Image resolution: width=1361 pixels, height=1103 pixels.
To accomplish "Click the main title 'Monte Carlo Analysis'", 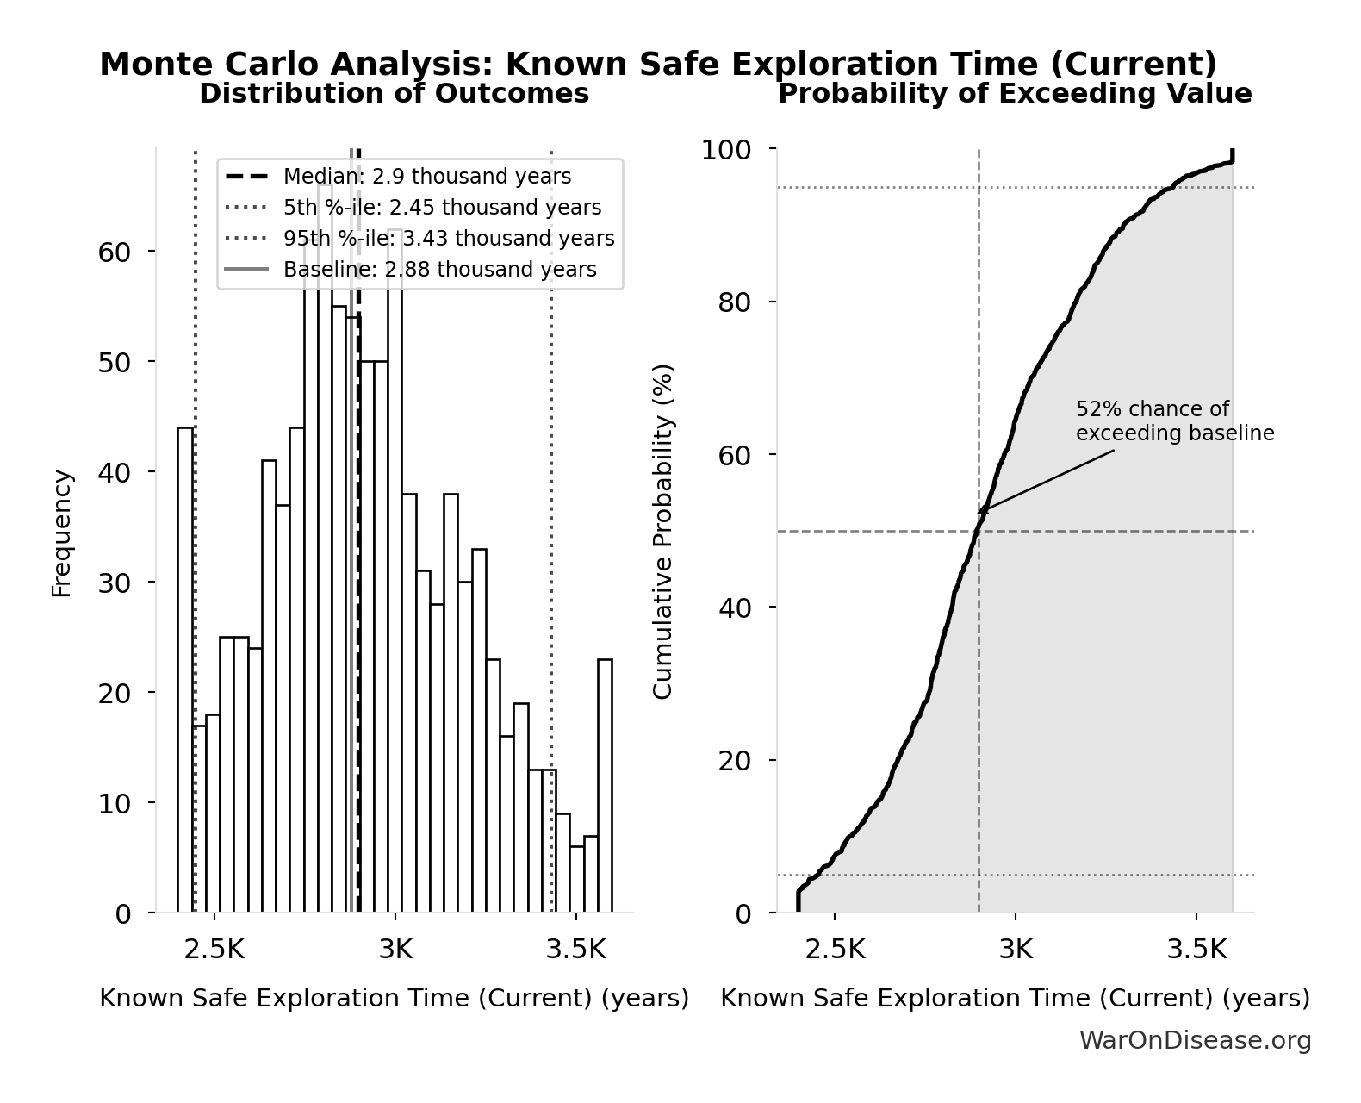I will (x=658, y=65).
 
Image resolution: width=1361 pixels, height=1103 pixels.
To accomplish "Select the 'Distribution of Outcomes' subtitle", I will (x=394, y=93).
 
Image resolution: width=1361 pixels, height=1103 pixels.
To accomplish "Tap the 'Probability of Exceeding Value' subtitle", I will (x=1014, y=93).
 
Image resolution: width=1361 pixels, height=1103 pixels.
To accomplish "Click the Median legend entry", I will (x=426, y=177).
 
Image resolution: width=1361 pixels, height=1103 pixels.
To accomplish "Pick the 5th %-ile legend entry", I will (x=442, y=208).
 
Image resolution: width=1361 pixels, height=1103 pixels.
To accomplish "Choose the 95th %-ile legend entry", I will (x=449, y=239).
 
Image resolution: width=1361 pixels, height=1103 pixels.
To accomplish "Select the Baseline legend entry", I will (x=439, y=270).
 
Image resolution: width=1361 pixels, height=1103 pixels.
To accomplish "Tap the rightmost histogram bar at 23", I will (x=605, y=785).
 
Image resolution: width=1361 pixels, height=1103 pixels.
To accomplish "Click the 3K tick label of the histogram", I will (x=395, y=950).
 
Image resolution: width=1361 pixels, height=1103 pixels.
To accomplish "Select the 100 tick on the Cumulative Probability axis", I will (x=725, y=150).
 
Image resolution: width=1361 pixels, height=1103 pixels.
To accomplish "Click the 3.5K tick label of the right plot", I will (x=1196, y=950).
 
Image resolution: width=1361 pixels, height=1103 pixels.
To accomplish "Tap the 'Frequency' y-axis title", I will (x=62, y=533).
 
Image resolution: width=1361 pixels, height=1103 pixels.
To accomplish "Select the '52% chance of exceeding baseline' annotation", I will (x=1174, y=421).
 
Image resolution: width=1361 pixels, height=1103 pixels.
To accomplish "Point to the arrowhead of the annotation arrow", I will (x=981, y=512).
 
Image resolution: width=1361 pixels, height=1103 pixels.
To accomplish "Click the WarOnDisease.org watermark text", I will (x=1195, y=1041).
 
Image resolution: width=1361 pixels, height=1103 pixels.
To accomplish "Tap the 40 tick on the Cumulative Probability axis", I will (x=734, y=608).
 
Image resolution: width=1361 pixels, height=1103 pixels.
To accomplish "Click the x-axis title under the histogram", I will (x=394, y=998).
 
